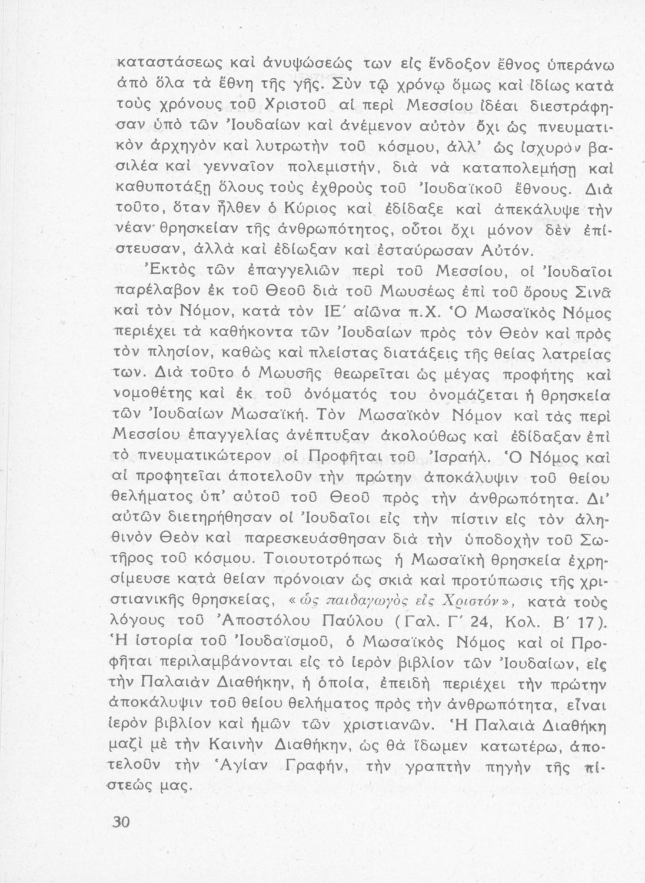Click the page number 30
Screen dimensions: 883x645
coord(118,822)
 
